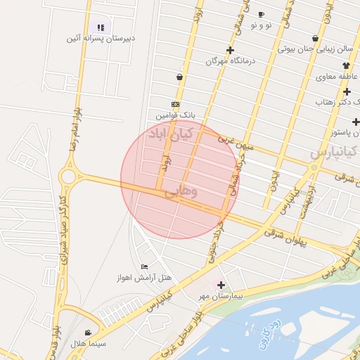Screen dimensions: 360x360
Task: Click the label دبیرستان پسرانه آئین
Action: pos(101,39)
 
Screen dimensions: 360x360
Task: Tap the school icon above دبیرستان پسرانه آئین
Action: pos(101,27)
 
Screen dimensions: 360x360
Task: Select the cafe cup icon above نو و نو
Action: pos(261,15)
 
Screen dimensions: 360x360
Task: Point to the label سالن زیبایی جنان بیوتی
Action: pos(314,49)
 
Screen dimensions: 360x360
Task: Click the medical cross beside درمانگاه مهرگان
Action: pos(230,50)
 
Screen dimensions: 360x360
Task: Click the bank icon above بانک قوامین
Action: pos(175,104)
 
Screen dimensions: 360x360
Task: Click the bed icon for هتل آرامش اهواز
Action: pos(145,266)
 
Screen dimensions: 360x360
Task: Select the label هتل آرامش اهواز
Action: pos(144,277)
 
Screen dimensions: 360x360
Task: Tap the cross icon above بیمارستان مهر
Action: pos(221,285)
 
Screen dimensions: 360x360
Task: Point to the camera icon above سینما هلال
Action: pos(88,333)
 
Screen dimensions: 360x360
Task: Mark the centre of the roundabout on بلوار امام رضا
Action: pos(68,176)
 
